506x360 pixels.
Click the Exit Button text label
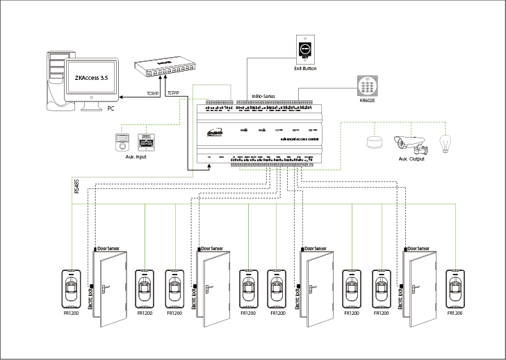pos(305,69)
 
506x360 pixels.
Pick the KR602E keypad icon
pos(366,87)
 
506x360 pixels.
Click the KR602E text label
pos(366,101)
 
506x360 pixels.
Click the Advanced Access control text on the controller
pos(300,139)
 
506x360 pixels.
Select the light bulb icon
pos(446,143)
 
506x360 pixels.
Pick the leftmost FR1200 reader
pos(72,288)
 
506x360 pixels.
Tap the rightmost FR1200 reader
pos(455,288)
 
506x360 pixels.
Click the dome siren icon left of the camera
pos(375,142)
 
